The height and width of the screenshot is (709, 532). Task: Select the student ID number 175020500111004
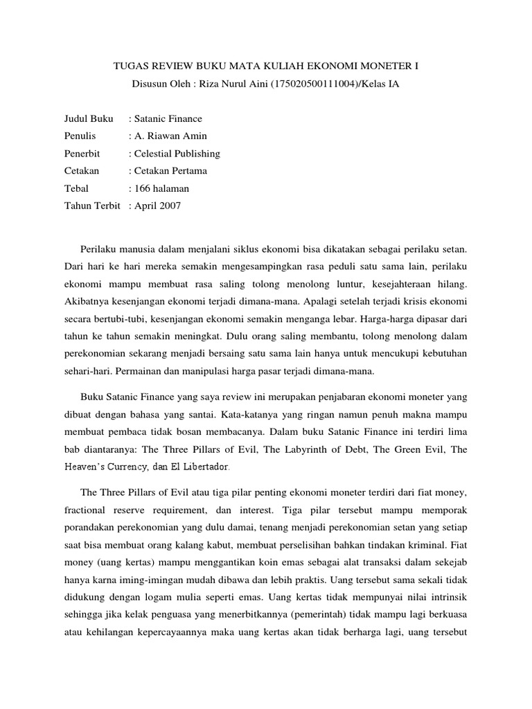coord(290,84)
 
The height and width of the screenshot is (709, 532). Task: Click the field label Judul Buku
coord(88,119)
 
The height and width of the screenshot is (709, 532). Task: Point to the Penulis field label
coord(80,136)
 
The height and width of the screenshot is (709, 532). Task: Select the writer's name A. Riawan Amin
coord(170,136)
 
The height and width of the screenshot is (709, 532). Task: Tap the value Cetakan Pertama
coord(170,170)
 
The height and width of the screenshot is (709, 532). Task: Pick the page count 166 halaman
coord(161,188)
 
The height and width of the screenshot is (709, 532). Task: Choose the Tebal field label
coord(76,188)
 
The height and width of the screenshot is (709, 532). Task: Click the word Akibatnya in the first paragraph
coord(87,301)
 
